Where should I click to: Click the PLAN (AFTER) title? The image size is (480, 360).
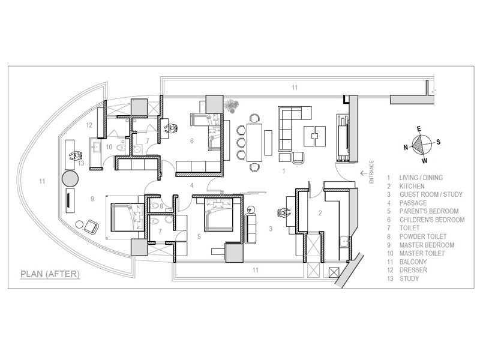tap(50, 274)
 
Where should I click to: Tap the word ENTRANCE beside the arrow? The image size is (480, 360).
tap(371, 172)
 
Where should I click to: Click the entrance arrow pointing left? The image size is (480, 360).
tap(364, 173)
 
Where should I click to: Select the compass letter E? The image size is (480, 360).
tap(419, 129)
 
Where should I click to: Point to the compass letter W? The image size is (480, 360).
tap(425, 161)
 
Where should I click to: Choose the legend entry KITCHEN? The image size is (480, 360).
tap(412, 186)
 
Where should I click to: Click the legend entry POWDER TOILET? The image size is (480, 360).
tap(423, 236)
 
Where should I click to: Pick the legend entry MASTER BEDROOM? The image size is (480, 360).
tap(427, 245)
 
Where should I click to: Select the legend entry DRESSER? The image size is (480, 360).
tap(413, 270)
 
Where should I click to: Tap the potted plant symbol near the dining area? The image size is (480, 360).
tap(231, 106)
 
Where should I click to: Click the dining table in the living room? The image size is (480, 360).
tap(254, 142)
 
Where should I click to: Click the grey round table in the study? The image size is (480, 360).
tap(70, 178)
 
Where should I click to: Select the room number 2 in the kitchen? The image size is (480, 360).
tap(320, 213)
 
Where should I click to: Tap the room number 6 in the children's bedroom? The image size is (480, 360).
tap(192, 141)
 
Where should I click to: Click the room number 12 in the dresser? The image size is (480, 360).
tap(89, 125)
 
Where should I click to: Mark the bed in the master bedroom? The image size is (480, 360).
tap(127, 217)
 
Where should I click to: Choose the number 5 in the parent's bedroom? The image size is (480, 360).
tap(199, 236)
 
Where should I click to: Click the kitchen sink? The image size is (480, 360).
tap(345, 241)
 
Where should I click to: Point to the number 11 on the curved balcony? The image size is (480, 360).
tap(42, 181)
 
